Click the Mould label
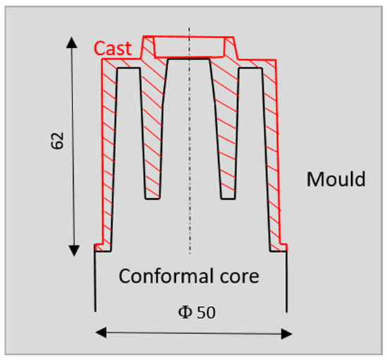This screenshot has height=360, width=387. pos(336,179)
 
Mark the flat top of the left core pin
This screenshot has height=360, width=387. pos(128,68)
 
